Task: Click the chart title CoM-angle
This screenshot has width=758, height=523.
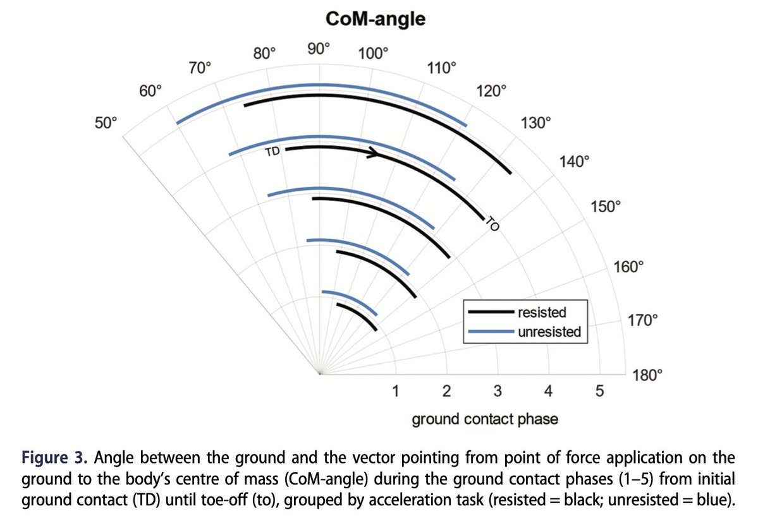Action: coord(376,19)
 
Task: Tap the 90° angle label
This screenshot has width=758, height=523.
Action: coord(319,48)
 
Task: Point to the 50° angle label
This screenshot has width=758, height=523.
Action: coord(106,123)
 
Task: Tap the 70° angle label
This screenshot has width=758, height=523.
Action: coord(200,68)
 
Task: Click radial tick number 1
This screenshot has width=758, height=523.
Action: coord(395,392)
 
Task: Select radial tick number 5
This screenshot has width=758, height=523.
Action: coord(599,392)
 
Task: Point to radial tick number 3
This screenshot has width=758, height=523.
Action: coord(498,392)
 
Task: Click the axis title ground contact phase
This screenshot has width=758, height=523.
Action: coord(485,419)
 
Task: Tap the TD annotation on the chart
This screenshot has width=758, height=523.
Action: coord(272,152)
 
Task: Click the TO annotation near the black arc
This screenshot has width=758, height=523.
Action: coord(492,224)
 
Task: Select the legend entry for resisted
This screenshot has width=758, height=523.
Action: coord(542,312)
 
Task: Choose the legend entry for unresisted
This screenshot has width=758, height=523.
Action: coord(549,331)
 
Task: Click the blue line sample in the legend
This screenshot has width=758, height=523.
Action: coord(490,330)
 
